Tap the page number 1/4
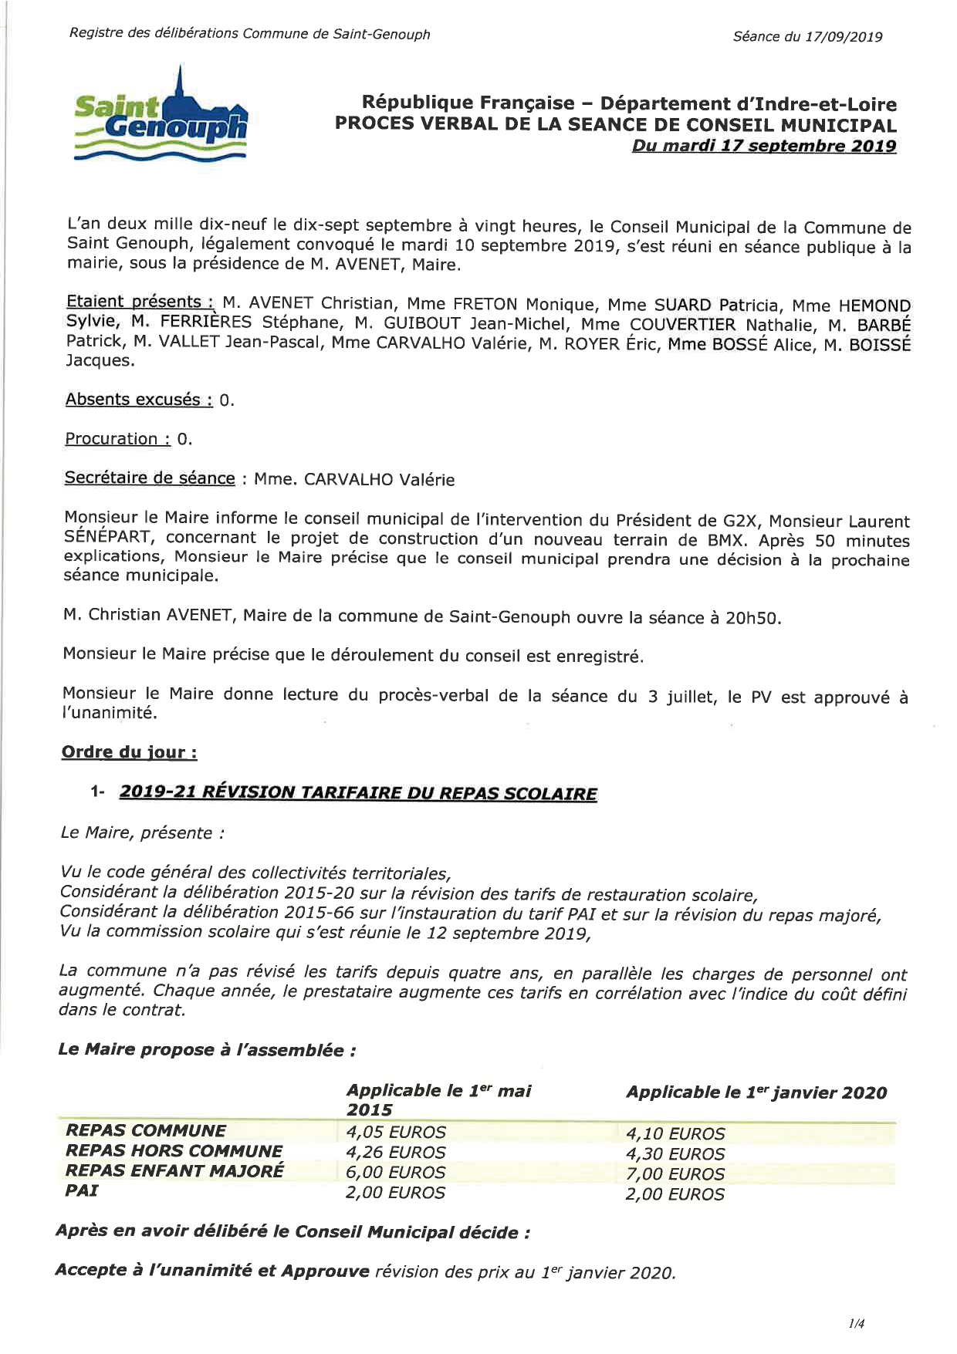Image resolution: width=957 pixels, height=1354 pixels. click(856, 1324)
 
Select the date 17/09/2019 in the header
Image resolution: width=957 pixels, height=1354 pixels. click(844, 37)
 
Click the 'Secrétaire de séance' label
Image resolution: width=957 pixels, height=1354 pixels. click(150, 478)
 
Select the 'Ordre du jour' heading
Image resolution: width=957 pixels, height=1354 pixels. click(129, 752)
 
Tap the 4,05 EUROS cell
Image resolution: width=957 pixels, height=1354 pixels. click(396, 1133)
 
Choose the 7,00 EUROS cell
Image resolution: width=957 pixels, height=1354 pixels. click(675, 1174)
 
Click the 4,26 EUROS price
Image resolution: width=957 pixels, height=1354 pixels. click(396, 1153)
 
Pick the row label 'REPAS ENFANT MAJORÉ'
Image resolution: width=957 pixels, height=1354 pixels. click(174, 1170)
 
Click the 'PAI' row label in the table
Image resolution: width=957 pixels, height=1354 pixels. click(82, 1190)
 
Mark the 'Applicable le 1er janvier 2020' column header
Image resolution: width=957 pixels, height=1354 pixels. click(756, 1092)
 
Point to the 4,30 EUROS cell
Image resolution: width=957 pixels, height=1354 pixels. click(675, 1154)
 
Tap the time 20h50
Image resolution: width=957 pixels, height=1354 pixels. click(753, 619)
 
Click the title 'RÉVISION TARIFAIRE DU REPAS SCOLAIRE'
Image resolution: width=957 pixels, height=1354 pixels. click(398, 793)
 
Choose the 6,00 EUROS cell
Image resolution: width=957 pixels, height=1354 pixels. click(396, 1173)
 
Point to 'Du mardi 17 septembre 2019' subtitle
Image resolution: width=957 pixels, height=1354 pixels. click(764, 146)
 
